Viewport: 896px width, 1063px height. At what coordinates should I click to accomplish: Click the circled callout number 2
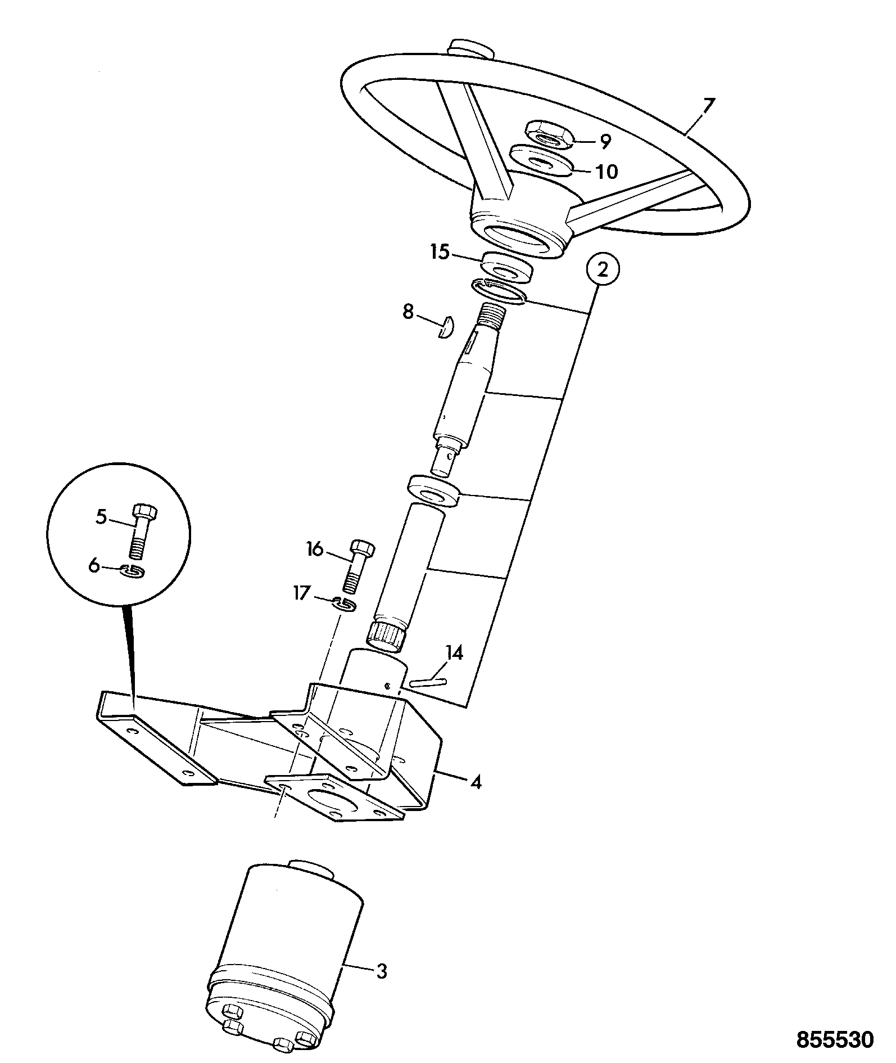pyautogui.click(x=603, y=271)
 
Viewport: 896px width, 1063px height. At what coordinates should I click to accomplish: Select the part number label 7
pyautogui.click(x=709, y=106)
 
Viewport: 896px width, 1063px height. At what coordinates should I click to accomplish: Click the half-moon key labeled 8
pyautogui.click(x=446, y=326)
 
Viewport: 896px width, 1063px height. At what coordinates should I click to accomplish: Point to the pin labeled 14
pyautogui.click(x=428, y=683)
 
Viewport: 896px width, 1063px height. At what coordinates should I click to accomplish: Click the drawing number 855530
pyautogui.click(x=835, y=1039)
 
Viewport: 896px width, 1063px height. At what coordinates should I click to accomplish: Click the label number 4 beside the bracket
pyautogui.click(x=476, y=782)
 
